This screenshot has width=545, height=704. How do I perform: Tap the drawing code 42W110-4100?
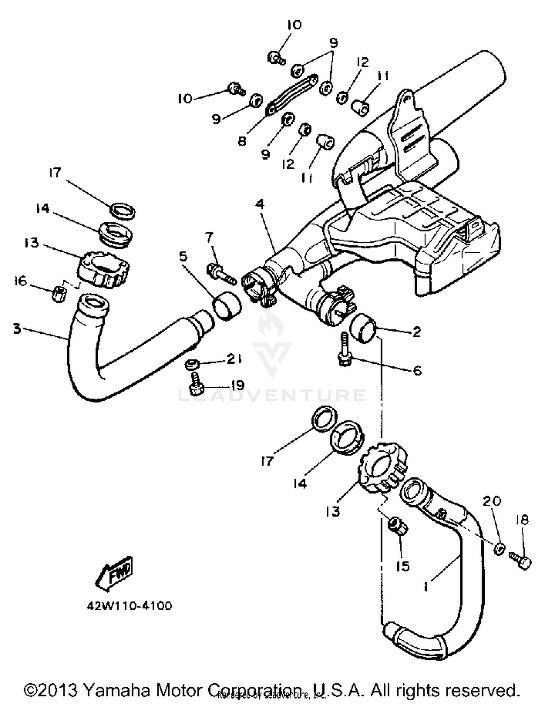(x=129, y=606)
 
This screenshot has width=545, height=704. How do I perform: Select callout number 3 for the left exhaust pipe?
(x=17, y=329)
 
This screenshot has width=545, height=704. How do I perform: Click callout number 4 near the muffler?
(x=259, y=204)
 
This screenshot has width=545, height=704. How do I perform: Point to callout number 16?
(x=20, y=281)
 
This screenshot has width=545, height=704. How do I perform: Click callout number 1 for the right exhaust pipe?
(x=426, y=586)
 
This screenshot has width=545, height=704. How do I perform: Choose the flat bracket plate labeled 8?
(x=293, y=93)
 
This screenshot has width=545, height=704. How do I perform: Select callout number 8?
(x=242, y=141)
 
